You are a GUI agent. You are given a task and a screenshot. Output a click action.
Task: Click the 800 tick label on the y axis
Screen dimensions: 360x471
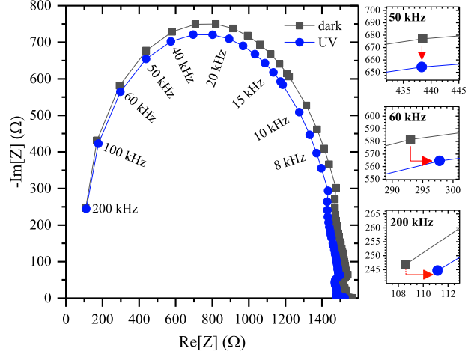click(x=49, y=6)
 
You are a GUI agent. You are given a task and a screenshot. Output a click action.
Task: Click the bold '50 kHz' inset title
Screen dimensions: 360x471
click(x=407, y=16)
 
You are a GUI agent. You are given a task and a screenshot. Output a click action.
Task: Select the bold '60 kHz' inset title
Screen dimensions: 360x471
click(x=407, y=118)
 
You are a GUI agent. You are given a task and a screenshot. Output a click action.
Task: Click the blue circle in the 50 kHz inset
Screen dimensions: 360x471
click(x=422, y=67)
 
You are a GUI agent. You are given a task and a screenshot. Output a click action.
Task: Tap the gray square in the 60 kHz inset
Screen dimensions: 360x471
click(x=410, y=139)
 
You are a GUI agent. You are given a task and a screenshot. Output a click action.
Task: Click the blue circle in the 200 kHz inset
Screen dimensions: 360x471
click(x=437, y=270)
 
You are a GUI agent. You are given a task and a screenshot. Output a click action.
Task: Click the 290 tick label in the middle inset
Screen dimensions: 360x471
click(x=392, y=191)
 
